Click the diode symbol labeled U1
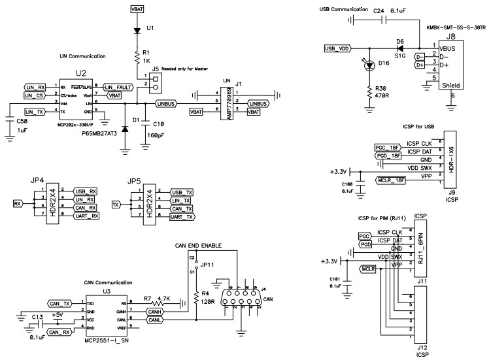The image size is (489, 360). tap(137, 30)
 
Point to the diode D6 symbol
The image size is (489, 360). tap(400, 48)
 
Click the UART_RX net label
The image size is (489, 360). tap(86, 216)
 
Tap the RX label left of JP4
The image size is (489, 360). tap(18, 204)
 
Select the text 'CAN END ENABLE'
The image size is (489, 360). tap(198, 246)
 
